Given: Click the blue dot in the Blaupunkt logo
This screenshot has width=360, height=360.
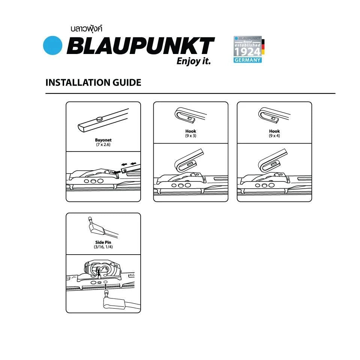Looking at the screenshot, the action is coord(52,45).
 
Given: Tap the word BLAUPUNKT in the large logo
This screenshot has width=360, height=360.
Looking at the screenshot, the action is coord(141,46).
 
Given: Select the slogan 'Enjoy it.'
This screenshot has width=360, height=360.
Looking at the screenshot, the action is coord(193,61).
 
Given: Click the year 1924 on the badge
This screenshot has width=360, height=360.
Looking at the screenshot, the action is coord(247,52).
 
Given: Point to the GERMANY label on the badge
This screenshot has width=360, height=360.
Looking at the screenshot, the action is coord(247,60).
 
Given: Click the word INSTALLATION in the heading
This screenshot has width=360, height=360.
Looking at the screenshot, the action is coord(77,82).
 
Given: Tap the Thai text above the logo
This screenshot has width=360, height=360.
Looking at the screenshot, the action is coord(87,29).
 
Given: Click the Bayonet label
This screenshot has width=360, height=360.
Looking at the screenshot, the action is coord(103,140).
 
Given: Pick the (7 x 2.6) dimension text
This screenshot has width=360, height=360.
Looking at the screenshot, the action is coord(103,145).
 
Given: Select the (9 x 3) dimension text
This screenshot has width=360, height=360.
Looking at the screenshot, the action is coord(191,136).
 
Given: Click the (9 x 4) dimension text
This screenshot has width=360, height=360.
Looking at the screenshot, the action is coord(274,136).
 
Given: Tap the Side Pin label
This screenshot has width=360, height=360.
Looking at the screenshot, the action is coord(103,242).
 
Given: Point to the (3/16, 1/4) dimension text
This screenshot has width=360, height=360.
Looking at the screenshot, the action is coord(103,247).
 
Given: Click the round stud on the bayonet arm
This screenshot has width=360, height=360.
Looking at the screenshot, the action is coord(100,119).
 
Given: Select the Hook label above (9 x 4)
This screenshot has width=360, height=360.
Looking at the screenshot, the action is coord(274,131).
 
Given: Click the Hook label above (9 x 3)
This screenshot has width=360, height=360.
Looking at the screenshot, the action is coord(191,131).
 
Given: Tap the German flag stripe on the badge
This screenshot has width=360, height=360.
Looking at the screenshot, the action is coord(263,47).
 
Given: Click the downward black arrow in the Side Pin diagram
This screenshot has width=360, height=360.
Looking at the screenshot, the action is coord(99,273).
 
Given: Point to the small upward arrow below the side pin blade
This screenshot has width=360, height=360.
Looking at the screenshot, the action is coord(106,286).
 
